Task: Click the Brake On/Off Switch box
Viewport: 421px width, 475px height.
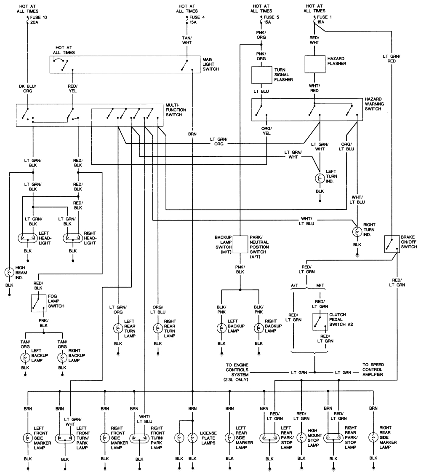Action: (x=391, y=244)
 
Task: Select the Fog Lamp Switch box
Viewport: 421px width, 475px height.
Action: (x=37, y=303)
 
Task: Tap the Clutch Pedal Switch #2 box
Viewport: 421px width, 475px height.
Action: (x=320, y=322)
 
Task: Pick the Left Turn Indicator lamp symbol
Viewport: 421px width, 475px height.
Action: (x=320, y=177)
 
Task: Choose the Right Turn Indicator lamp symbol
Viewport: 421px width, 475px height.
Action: (x=357, y=231)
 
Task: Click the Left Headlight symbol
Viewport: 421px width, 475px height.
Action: (x=28, y=238)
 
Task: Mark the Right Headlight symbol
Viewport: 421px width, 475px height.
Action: (x=73, y=238)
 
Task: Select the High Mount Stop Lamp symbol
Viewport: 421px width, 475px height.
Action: (x=301, y=437)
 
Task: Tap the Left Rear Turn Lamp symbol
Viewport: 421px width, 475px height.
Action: (x=118, y=328)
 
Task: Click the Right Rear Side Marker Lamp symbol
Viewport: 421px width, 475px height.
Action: (x=373, y=437)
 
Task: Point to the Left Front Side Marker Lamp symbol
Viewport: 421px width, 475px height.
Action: (x=28, y=437)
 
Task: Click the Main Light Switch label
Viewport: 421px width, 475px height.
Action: (x=210, y=64)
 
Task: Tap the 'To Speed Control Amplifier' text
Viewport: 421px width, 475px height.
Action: (x=373, y=369)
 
